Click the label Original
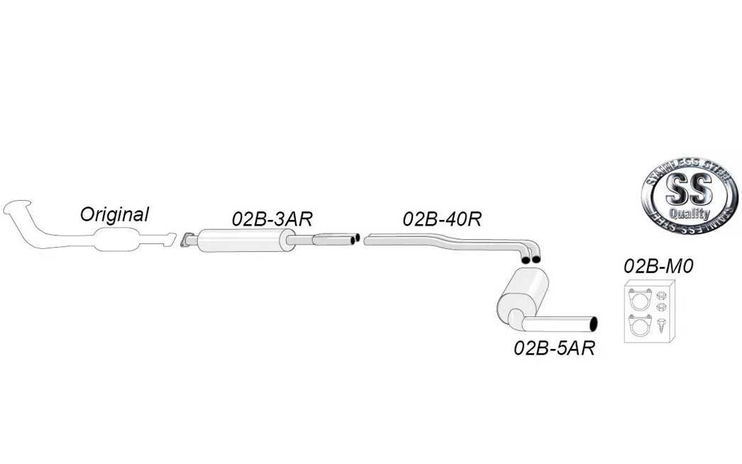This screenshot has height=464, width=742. click(x=114, y=214)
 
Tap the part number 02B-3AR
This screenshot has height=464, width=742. click(x=272, y=219)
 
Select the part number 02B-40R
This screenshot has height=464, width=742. click(x=442, y=219)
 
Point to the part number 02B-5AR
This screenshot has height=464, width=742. click(x=554, y=348)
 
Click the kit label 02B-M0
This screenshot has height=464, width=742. click(x=658, y=267)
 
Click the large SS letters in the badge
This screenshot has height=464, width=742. click(x=689, y=189)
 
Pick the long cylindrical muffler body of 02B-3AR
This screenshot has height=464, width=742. click(x=244, y=241)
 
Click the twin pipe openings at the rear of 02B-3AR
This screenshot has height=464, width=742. click(x=355, y=239)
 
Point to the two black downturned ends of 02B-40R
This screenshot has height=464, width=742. click(x=531, y=258)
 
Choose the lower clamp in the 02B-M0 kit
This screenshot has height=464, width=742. click(x=640, y=325)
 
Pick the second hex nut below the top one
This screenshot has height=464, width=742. click(x=662, y=307)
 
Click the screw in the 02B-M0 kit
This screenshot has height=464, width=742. click(x=662, y=325)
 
